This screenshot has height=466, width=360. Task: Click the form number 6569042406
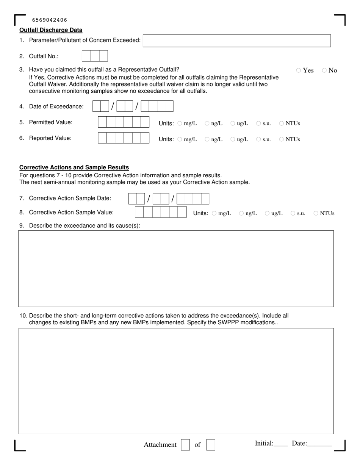(50, 20)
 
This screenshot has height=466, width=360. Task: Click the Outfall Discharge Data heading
(51, 30)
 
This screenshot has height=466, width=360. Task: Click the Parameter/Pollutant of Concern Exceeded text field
(236, 41)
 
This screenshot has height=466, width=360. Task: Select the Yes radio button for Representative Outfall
(299, 70)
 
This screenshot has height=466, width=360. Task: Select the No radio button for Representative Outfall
(324, 70)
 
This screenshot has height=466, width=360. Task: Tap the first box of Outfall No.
(86, 56)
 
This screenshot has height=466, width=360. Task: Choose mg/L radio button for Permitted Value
(180, 123)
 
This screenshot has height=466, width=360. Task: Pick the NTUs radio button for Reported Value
(282, 139)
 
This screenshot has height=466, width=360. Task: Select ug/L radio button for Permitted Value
(233, 123)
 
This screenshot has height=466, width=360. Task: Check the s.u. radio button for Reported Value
(258, 139)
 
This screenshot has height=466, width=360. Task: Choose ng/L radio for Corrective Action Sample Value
(241, 213)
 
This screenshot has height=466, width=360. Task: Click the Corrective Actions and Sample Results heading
(74, 167)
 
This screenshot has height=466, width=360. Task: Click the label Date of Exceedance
(56, 106)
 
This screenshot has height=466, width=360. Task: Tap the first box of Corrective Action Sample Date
(133, 199)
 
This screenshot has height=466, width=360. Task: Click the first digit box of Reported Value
(102, 138)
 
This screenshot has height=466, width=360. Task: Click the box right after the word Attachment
(185, 445)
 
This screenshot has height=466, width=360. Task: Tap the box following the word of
(211, 445)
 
